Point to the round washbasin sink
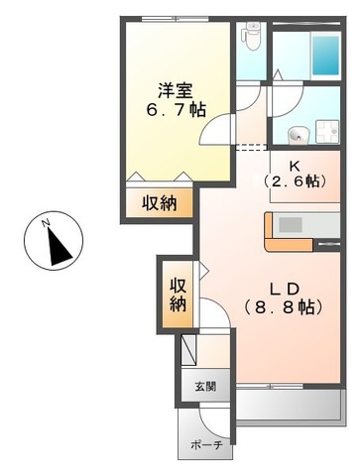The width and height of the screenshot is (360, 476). point(296,134)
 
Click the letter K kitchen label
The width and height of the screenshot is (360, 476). point(294,166)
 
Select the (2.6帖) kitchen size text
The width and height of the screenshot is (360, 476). point(294,182)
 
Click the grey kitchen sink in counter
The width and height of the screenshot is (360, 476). point(291,224)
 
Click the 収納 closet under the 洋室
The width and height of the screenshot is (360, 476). point(156,203)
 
